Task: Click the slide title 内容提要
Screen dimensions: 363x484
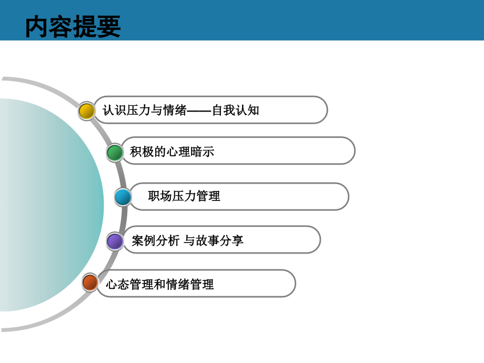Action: coord(73,26)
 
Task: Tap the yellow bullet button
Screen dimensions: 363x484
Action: coord(86,111)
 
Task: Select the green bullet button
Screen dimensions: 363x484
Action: coord(115,153)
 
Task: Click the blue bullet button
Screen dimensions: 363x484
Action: coord(123,197)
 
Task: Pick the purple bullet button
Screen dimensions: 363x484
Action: coord(115,241)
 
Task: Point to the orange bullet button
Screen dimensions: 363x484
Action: coord(90,283)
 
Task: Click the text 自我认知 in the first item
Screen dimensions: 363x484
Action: coord(235,110)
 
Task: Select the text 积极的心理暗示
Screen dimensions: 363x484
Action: coord(172,153)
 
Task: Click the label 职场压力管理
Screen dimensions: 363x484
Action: coord(184,197)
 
